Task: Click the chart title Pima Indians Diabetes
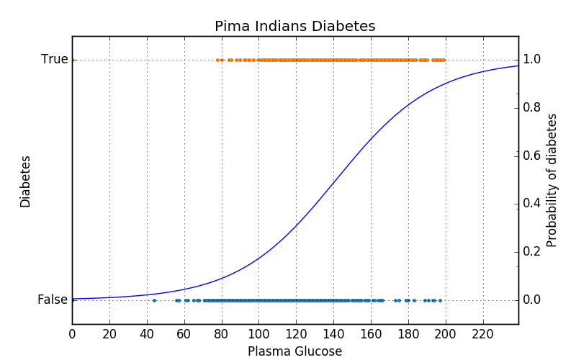pyautogui.click(x=294, y=27)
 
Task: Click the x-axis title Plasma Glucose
pyautogui.click(x=294, y=351)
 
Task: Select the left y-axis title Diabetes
pyautogui.click(x=26, y=181)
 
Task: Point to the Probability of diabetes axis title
pyautogui.click(x=552, y=180)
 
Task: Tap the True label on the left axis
pyautogui.click(x=55, y=60)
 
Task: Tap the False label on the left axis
pyautogui.click(x=53, y=300)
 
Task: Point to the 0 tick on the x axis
pyautogui.click(x=72, y=334)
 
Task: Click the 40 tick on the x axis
pyautogui.click(x=147, y=334)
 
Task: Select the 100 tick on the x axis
pyautogui.click(x=258, y=334)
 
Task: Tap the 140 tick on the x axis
pyautogui.click(x=333, y=334)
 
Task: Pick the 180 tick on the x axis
pyautogui.click(x=408, y=334)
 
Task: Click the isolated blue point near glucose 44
pyautogui.click(x=154, y=300)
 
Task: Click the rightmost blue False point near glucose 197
pyautogui.click(x=440, y=300)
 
